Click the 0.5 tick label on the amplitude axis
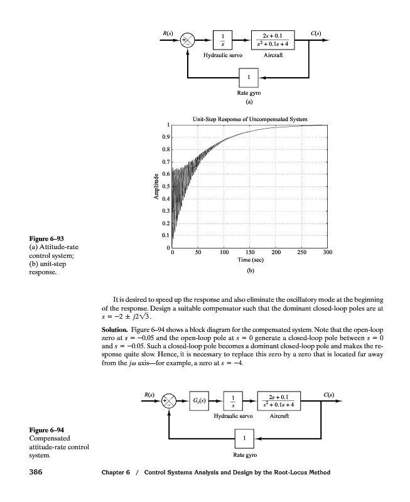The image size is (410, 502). (x=165, y=186)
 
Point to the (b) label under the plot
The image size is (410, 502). (x=249, y=272)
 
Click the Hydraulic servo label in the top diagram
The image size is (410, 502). (x=222, y=55)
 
